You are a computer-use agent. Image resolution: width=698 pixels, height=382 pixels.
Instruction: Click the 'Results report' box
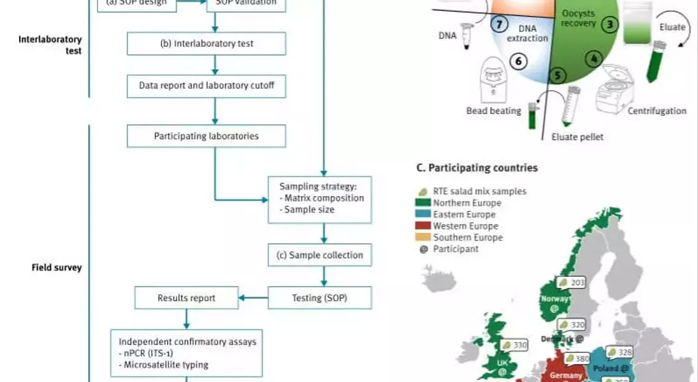186,297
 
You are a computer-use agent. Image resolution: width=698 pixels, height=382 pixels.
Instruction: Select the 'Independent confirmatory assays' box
186,353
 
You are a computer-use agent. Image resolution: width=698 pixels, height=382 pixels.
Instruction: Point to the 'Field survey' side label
57,268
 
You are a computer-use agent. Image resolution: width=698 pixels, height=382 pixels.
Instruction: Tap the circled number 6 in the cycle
518,61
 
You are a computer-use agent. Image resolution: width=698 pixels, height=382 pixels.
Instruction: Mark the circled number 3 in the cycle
611,25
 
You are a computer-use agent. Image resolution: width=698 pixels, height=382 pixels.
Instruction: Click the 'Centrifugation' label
657,111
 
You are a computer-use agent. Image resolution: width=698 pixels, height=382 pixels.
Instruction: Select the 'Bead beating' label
493,111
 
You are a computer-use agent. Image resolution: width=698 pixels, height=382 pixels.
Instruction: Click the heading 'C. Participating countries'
476,168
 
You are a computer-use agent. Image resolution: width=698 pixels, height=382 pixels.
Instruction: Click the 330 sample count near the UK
520,344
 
